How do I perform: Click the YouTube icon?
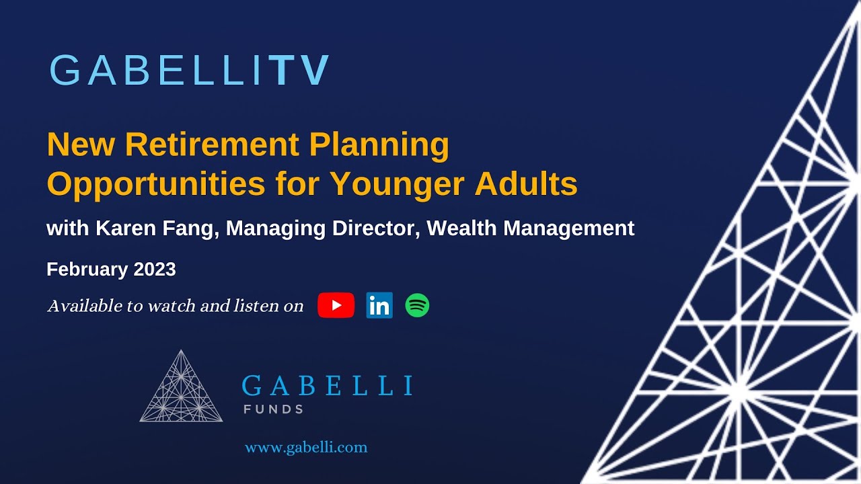pos(336,305)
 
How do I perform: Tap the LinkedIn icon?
pos(379,306)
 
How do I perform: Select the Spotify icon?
pos(417,306)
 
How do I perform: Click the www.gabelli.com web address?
pos(306,447)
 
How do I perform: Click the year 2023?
pos(155,270)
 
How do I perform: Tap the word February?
pos(87,270)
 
